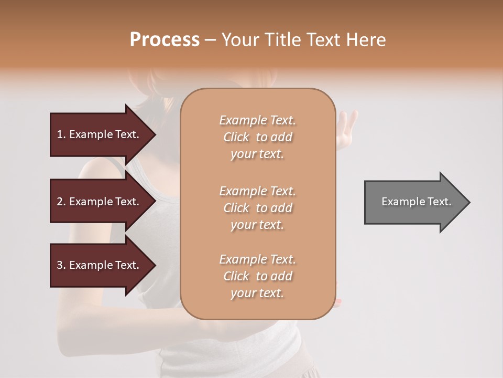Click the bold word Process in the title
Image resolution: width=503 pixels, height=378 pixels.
pos(165,39)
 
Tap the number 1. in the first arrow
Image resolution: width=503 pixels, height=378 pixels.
pos(61,134)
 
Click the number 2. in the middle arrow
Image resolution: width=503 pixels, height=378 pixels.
pos(61,202)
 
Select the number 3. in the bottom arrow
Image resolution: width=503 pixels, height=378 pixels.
pos(61,265)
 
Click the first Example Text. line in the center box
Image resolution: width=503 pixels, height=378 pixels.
pos(257,120)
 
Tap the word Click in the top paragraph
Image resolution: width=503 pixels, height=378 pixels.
pos(236,137)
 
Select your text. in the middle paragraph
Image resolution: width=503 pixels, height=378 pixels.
pos(257,225)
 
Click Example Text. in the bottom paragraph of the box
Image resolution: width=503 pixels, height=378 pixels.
pos(257,259)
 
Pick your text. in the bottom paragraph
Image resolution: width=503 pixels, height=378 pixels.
pos(257,293)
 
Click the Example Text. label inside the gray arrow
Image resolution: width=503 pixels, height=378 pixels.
pos(416,202)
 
